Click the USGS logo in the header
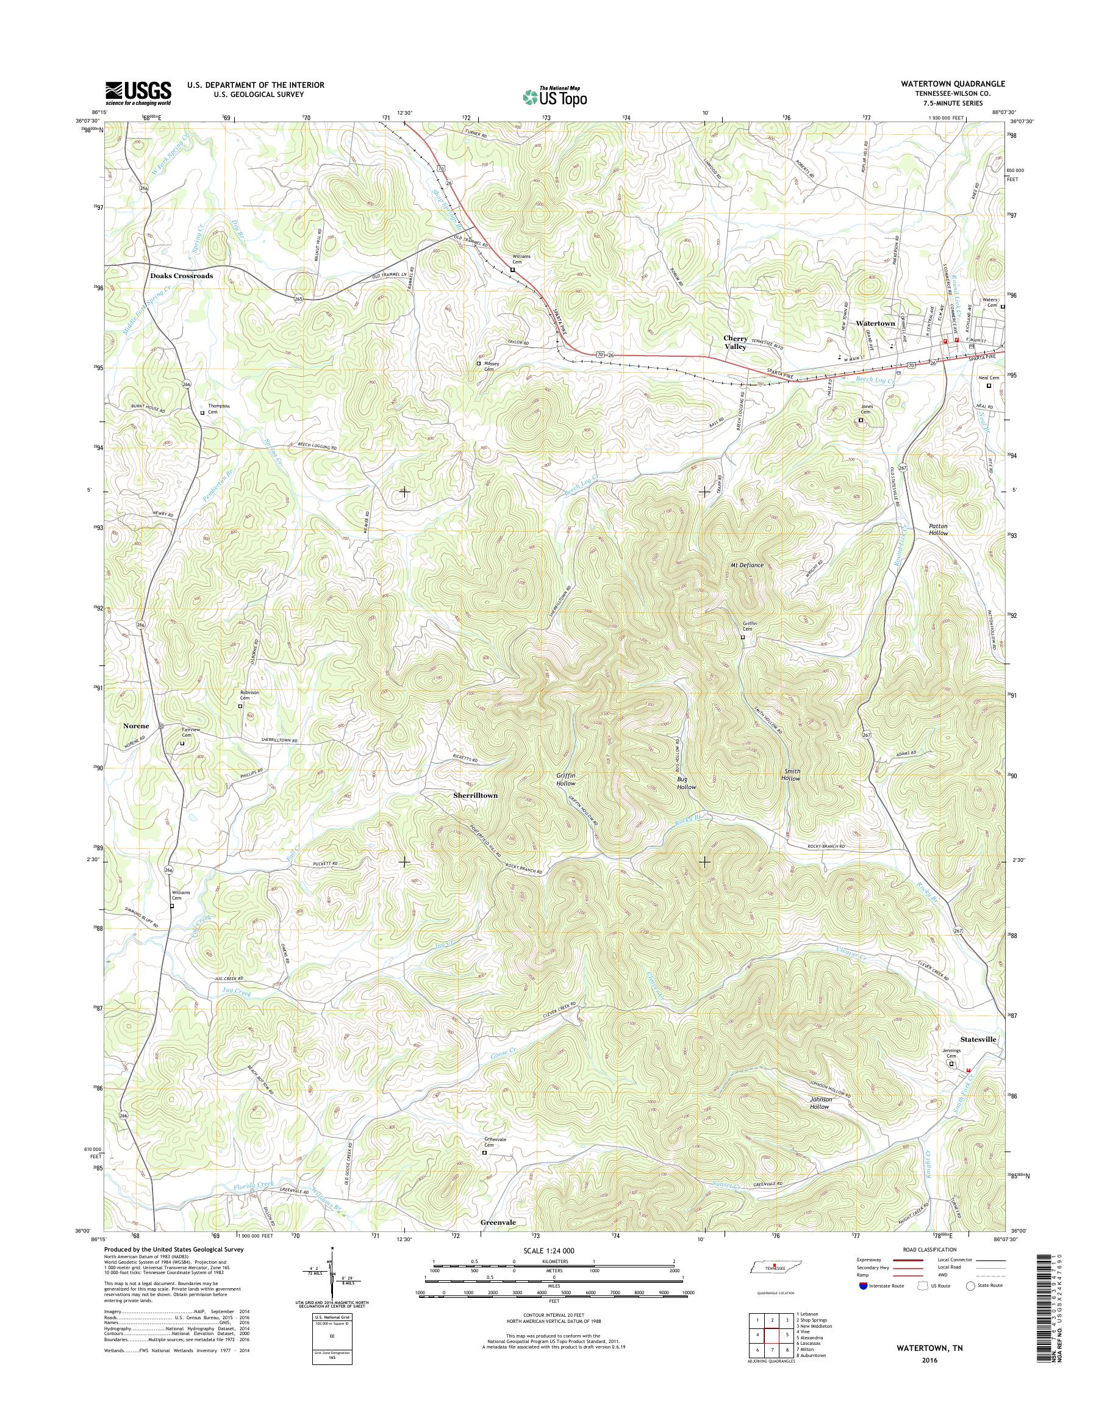click(x=138, y=93)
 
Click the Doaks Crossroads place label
click(x=181, y=276)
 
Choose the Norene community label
click(x=137, y=725)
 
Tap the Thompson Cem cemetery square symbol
click(x=202, y=412)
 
